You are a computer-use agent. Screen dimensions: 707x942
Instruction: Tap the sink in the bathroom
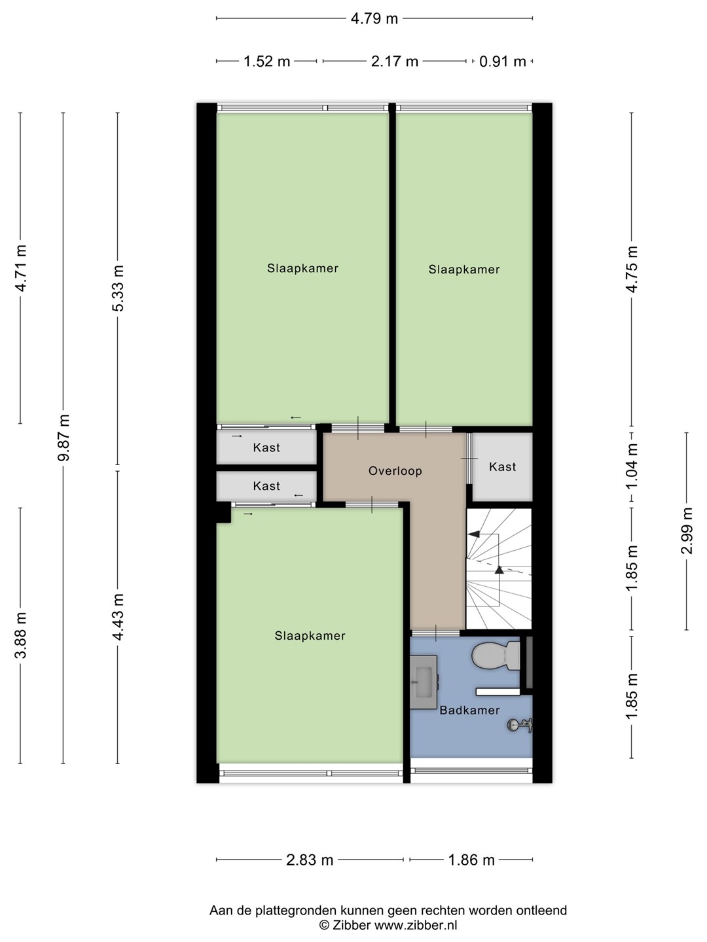point(424,682)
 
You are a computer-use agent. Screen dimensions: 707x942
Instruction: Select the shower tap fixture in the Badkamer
point(520,725)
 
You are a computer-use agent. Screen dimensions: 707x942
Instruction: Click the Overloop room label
point(395,471)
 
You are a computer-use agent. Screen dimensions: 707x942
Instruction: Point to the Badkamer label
point(469,710)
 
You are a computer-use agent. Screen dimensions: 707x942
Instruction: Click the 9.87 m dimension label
point(63,438)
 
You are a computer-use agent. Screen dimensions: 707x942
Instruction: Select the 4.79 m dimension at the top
point(374,19)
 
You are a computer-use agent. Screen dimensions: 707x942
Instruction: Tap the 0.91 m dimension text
point(502,61)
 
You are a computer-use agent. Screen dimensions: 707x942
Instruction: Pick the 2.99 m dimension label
point(687,531)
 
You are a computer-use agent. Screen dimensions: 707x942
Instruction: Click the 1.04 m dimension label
point(632,466)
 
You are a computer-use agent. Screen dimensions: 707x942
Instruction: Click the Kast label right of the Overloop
point(502,466)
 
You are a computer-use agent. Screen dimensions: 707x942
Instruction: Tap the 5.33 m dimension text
point(118,288)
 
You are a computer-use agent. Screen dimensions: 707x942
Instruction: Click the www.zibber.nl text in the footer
point(416,924)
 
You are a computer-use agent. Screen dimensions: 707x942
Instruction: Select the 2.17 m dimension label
point(395,61)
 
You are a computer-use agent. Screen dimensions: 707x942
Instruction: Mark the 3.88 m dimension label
point(20,635)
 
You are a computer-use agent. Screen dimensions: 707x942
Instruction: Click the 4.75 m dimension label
point(632,269)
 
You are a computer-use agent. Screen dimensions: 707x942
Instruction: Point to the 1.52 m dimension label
point(266,61)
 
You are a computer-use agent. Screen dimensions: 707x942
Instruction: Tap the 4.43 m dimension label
point(118,617)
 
